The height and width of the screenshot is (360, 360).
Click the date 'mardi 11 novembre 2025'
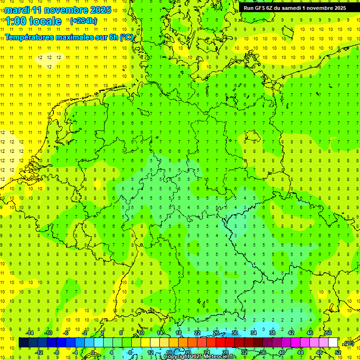(x=58, y=10)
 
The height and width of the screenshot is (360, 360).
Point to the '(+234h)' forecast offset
(x=83, y=21)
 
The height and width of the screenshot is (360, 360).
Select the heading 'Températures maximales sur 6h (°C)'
(x=69, y=37)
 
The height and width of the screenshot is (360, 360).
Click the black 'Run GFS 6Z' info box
(x=295, y=7)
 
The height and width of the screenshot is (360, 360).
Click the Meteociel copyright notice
(x=200, y=357)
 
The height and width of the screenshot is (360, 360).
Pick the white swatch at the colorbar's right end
(x=333, y=343)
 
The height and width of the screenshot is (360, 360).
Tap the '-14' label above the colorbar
(x=30, y=333)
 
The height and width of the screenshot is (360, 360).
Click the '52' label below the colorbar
(x=338, y=352)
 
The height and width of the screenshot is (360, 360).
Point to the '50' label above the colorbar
(x=329, y=333)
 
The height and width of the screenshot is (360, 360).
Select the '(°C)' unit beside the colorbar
(x=349, y=344)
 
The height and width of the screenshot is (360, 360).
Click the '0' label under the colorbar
(x=93, y=352)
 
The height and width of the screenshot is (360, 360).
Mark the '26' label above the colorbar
(x=216, y=333)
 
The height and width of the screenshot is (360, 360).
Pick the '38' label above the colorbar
(x=272, y=333)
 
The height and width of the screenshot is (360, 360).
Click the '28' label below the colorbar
(x=225, y=352)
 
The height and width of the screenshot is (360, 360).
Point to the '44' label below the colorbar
(x=300, y=352)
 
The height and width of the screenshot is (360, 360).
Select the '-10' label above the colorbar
(x=48, y=333)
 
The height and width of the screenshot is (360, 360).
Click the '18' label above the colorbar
(x=179, y=333)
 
